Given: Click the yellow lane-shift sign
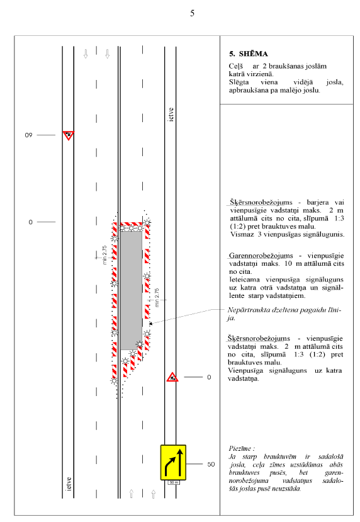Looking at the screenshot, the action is pos(173,462).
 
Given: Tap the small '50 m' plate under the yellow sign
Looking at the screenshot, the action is pos(174,482).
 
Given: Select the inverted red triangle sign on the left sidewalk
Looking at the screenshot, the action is pos(68,135).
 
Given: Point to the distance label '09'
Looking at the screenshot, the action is pos(28,135).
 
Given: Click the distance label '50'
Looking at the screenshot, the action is pos(211,464).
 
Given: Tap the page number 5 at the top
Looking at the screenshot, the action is pos(193,13).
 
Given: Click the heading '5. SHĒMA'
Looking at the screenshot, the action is pos(248,54).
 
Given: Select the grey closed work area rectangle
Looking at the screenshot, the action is pos(131,290).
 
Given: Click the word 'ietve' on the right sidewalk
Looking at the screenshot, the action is pos(171,115).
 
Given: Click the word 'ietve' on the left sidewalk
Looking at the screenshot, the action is pos(69,484).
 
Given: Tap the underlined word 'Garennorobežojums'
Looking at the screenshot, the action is pos(261,256).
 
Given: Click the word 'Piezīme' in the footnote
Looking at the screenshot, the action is pos(240,448).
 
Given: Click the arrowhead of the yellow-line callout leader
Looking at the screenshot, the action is pos(150,323).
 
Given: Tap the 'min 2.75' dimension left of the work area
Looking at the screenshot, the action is pos(104,255).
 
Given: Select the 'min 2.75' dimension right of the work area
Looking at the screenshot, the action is pos(157,298).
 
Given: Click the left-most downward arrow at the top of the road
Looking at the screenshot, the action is pos(86,54).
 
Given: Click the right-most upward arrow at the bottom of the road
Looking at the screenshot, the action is pos(154,494).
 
